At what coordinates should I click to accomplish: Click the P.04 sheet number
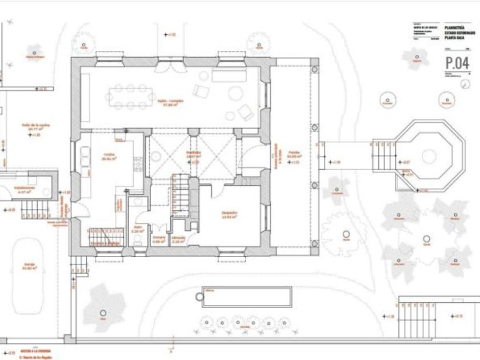[458, 62]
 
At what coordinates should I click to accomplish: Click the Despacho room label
[229, 214]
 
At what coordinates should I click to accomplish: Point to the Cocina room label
[109, 156]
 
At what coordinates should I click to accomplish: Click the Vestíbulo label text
[193, 153]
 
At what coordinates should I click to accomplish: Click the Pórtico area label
[294, 153]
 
